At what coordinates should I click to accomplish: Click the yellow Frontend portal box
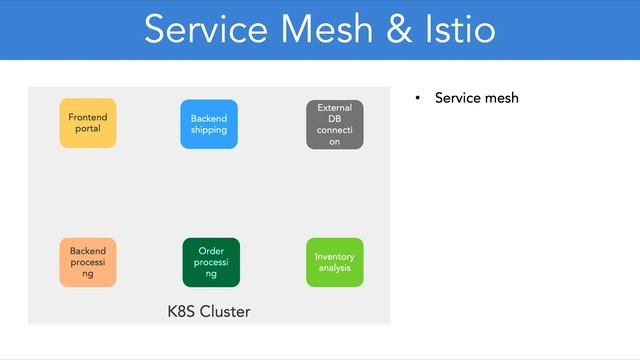click(x=88, y=123)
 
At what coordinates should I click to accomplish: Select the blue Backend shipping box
click(x=209, y=124)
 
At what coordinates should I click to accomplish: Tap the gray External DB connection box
click(x=335, y=124)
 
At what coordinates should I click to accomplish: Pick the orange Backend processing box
click(x=88, y=262)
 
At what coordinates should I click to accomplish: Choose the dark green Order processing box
click(x=211, y=262)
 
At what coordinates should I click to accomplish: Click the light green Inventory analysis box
click(x=335, y=262)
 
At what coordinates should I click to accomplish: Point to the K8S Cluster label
click(x=209, y=312)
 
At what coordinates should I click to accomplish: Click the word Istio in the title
click(x=459, y=29)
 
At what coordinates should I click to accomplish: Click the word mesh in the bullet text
click(x=500, y=98)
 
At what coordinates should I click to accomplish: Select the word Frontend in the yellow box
click(x=88, y=117)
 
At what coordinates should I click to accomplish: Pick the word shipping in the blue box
click(x=209, y=130)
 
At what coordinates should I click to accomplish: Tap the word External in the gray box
click(x=335, y=107)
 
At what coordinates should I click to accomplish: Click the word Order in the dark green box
click(x=211, y=250)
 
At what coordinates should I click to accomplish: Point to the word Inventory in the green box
click(x=335, y=256)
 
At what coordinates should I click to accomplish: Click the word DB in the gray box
click(x=335, y=118)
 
